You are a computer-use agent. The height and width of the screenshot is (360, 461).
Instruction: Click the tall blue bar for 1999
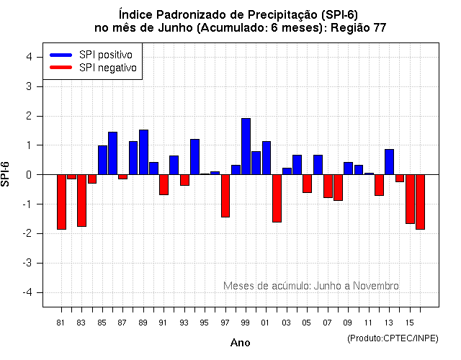[246, 146]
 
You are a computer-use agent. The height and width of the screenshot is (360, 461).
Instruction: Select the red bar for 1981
[61, 202]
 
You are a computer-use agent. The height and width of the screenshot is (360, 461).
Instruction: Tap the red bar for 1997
[225, 196]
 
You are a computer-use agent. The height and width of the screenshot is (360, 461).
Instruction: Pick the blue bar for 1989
[143, 152]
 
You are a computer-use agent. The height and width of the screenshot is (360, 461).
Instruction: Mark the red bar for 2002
[277, 198]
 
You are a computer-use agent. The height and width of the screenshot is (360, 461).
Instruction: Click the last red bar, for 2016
[420, 202]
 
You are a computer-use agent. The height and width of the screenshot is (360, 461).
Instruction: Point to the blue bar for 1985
[102, 160]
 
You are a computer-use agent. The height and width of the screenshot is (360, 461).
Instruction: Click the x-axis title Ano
[240, 343]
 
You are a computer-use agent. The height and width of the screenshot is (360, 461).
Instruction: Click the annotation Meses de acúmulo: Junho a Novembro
[310, 286]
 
